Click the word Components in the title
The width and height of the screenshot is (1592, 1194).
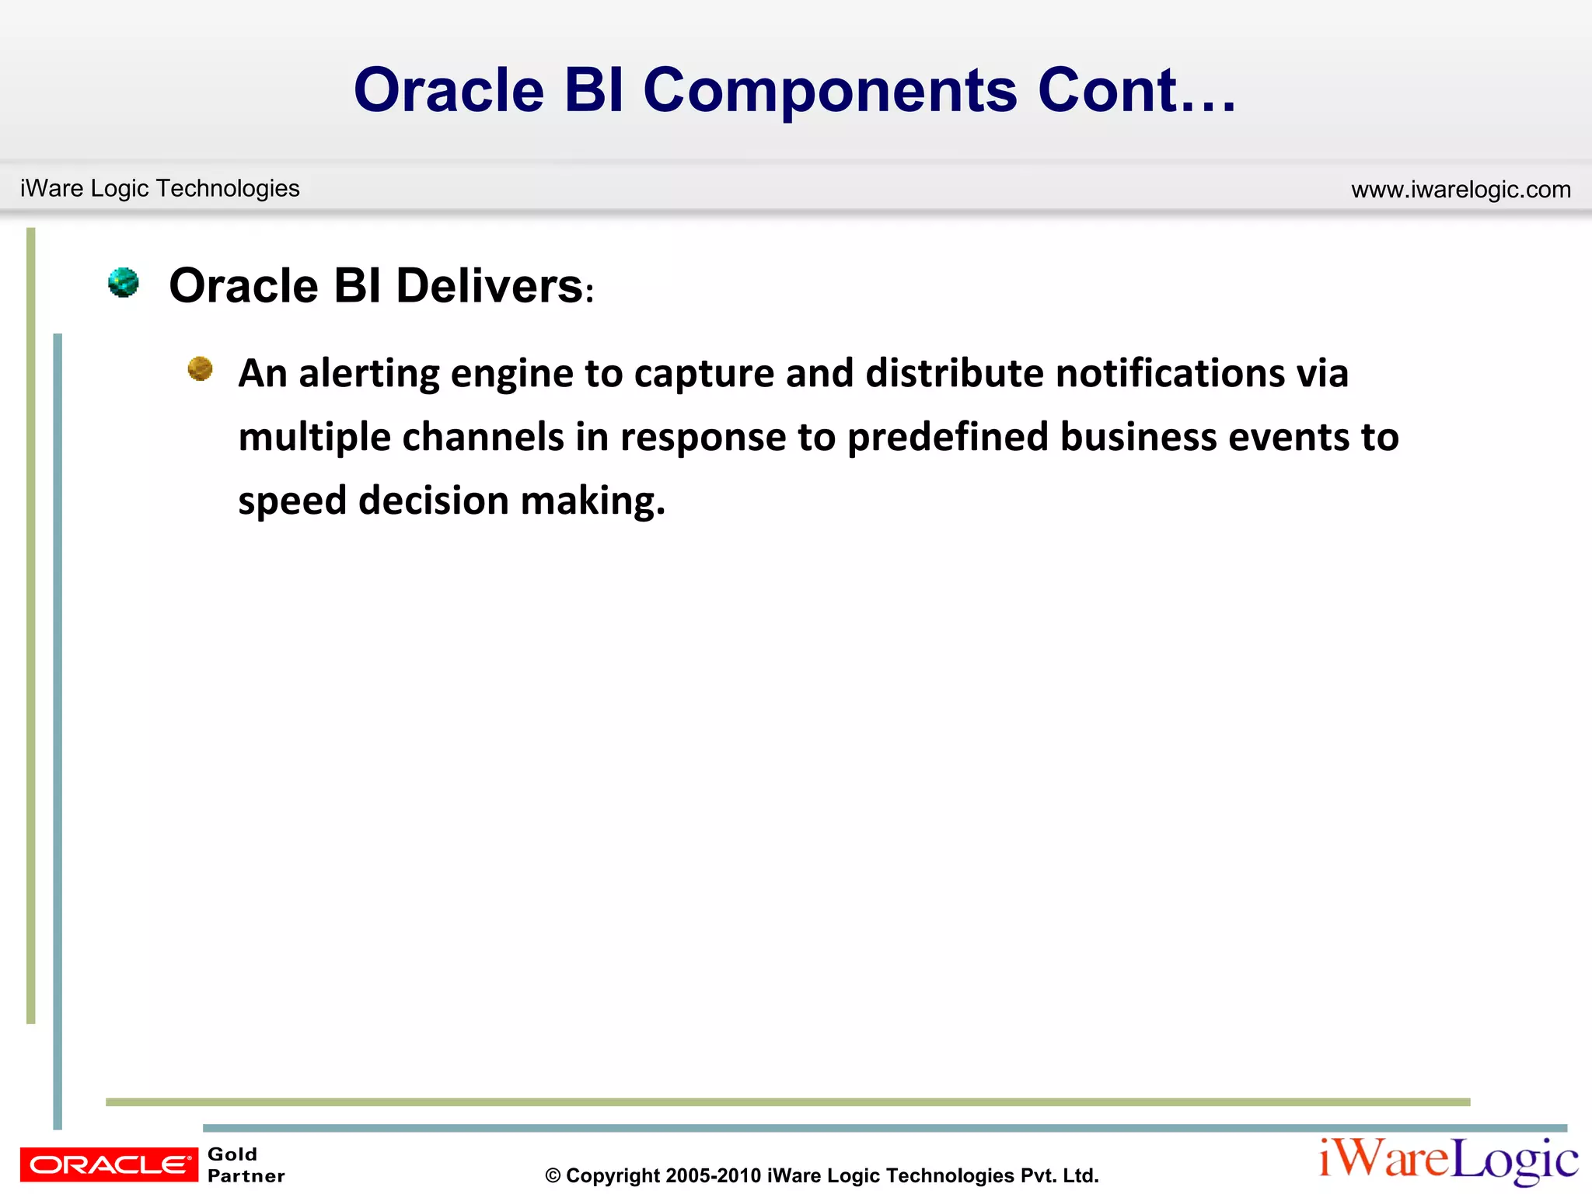[x=829, y=92]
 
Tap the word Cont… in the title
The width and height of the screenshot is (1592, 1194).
[x=1136, y=90]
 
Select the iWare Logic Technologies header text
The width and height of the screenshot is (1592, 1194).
[x=159, y=188]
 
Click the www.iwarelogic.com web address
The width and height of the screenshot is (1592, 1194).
[x=1461, y=190]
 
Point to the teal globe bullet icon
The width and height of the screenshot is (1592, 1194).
[x=124, y=282]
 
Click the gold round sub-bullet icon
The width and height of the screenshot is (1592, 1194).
[x=200, y=368]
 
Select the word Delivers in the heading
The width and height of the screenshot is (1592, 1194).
[x=490, y=286]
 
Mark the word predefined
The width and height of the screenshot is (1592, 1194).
[x=948, y=438]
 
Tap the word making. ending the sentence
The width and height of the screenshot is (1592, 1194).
[x=593, y=501]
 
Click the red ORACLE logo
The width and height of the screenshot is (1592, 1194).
[x=109, y=1164]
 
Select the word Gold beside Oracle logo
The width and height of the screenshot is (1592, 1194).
[x=232, y=1154]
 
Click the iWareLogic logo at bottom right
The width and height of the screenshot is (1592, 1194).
[x=1448, y=1161]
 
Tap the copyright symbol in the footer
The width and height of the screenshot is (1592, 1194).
[x=553, y=1176]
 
